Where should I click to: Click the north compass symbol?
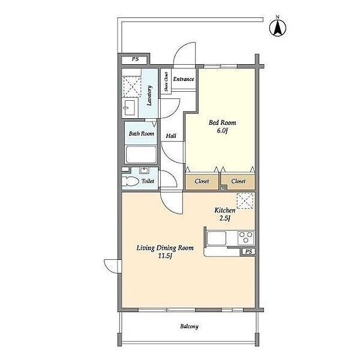278,27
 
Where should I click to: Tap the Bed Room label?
222,127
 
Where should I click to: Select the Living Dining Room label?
165,251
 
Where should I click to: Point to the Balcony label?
189,326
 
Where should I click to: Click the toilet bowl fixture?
130,181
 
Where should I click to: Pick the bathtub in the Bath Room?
141,155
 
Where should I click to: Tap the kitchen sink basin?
217,238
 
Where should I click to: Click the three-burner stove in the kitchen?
246,238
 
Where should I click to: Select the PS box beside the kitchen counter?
248,251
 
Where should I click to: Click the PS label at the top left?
135,59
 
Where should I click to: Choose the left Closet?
202,182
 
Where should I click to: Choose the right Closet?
238,182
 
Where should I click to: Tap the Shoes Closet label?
166,81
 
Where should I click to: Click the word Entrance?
184,79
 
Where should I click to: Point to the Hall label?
171,136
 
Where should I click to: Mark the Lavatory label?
149,95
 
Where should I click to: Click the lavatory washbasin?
130,107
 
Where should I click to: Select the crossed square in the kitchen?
245,201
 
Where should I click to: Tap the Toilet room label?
148,181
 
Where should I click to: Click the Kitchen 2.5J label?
225,214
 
